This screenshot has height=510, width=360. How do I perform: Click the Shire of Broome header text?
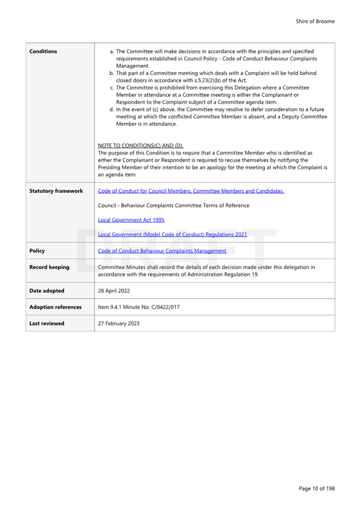[x=315, y=22]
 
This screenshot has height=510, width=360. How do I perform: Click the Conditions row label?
[x=43, y=51]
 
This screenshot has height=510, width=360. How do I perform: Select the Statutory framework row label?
[x=56, y=191]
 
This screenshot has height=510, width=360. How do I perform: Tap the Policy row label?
[x=37, y=251]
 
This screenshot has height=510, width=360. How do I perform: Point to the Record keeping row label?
[x=49, y=267]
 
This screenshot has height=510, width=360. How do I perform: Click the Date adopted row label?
[x=46, y=290]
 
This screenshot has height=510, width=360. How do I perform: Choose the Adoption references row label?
[x=55, y=307]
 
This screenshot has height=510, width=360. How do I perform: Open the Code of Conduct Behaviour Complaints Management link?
[x=162, y=251]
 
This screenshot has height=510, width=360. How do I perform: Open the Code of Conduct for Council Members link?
[x=191, y=191]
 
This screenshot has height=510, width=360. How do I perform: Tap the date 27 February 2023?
[x=119, y=323]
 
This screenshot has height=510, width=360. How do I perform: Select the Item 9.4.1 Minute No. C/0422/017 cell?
[x=138, y=307]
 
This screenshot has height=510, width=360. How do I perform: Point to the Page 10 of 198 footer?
[x=316, y=488]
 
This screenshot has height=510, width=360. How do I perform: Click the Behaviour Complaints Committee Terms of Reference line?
[x=173, y=205]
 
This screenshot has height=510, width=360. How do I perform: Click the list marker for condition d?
[x=112, y=109]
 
